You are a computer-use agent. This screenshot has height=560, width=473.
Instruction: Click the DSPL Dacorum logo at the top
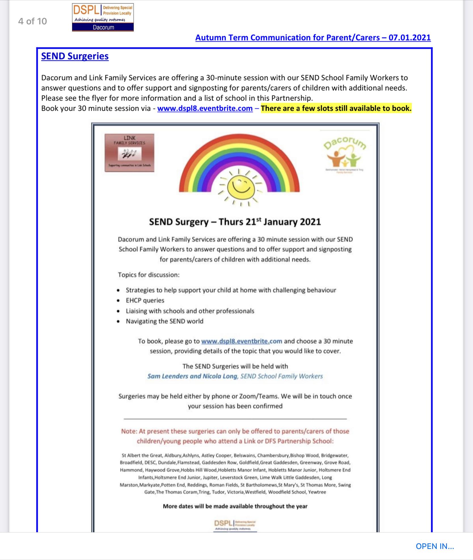click(x=103, y=17)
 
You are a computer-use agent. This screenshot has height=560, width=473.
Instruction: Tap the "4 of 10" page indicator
click(x=32, y=21)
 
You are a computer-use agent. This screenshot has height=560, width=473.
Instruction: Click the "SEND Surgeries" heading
click(x=75, y=56)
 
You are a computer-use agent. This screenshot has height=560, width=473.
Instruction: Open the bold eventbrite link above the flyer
click(x=205, y=108)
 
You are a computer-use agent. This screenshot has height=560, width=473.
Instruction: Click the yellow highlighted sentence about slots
click(x=336, y=108)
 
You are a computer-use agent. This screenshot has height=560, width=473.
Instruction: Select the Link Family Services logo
click(x=129, y=153)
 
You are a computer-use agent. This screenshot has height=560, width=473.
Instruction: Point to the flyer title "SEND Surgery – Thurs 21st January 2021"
click(x=235, y=222)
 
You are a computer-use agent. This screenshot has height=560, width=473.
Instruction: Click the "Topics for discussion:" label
click(x=149, y=275)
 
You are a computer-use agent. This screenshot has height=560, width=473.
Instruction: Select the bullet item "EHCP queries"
click(x=145, y=300)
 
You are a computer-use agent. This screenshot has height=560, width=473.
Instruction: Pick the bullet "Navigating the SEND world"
click(x=164, y=321)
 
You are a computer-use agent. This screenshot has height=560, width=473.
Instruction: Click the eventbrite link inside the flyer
click(x=242, y=341)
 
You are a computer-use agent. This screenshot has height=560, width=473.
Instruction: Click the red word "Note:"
click(x=129, y=431)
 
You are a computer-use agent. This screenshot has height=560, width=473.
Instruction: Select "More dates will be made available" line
click(x=235, y=506)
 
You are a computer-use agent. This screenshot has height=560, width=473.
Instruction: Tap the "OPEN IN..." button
click(x=435, y=546)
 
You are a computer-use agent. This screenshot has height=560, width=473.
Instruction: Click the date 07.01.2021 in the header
click(x=409, y=38)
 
